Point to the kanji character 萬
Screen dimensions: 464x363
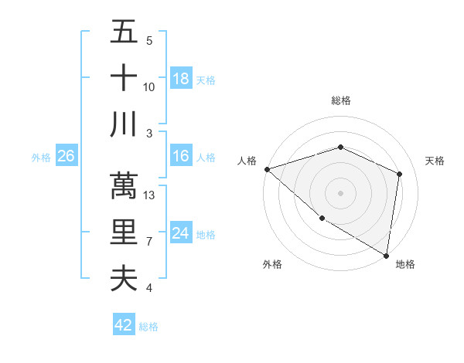coord(124,186)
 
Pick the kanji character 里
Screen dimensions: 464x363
coord(124,232)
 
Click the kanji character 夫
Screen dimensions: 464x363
coord(124,278)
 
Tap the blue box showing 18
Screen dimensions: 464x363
coord(181,78)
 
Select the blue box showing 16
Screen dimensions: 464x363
coord(181,156)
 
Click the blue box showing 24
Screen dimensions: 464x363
coord(181,233)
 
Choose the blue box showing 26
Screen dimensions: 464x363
coord(66,156)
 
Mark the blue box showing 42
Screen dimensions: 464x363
coord(124,325)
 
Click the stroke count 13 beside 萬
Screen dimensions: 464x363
coord(150,195)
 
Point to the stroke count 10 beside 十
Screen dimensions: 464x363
coord(149,87)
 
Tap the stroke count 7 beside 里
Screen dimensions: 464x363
coord(149,242)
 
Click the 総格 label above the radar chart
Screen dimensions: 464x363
coord(340,100)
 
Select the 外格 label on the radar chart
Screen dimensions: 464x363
coord(272,264)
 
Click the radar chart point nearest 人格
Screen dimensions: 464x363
coord(267,169)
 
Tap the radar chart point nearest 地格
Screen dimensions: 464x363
coord(386,255)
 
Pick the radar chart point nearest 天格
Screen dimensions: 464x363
coord(399,174)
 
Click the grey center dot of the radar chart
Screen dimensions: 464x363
coord(340,192)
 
